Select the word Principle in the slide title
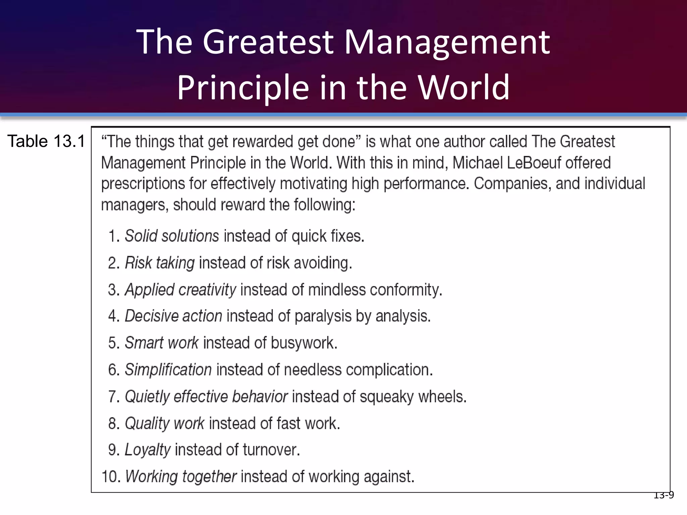click(x=243, y=88)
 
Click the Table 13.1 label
click(x=46, y=141)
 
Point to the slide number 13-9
click(x=664, y=495)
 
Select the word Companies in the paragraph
click(x=512, y=184)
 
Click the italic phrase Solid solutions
click(x=172, y=236)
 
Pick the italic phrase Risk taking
click(x=160, y=263)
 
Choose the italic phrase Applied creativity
click(x=180, y=290)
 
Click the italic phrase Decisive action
click(x=173, y=316)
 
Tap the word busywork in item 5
click(x=304, y=343)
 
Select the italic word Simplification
click(x=168, y=370)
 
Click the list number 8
click(x=113, y=423)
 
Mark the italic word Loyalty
click(x=148, y=450)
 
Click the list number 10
click(x=111, y=477)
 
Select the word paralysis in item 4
click(x=323, y=316)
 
